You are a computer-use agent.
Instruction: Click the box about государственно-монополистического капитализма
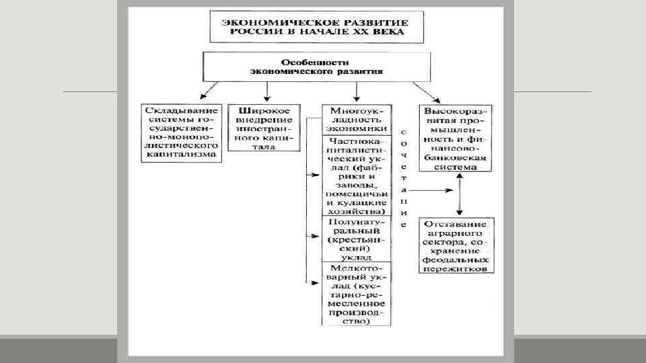click(181, 132)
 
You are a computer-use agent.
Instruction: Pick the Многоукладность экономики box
click(356, 118)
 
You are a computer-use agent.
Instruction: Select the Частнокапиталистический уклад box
click(356, 175)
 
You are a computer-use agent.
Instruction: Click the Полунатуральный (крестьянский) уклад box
click(356, 239)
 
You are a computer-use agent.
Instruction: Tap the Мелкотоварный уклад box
click(356, 294)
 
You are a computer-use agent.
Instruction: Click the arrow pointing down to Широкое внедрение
click(268, 91)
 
